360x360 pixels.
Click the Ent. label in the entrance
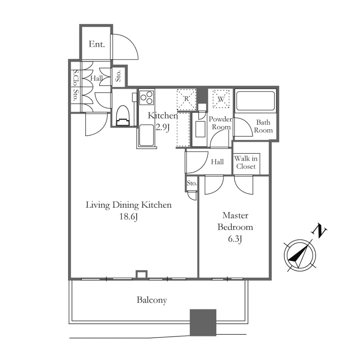(96, 44)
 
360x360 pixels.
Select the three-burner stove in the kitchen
(147, 97)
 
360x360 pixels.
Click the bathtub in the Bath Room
(255, 101)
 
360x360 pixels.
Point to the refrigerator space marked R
(186, 99)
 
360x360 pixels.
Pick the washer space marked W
(221, 99)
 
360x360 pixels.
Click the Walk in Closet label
(246, 162)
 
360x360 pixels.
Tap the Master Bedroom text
(235, 221)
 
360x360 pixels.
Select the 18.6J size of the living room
(129, 217)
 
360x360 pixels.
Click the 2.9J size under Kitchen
(163, 127)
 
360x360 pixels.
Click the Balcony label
(152, 300)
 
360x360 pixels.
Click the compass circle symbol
(300, 255)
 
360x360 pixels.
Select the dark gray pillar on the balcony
(203, 323)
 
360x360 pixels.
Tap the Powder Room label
(220, 123)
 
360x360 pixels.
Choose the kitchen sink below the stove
(146, 135)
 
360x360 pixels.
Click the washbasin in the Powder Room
(200, 129)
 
